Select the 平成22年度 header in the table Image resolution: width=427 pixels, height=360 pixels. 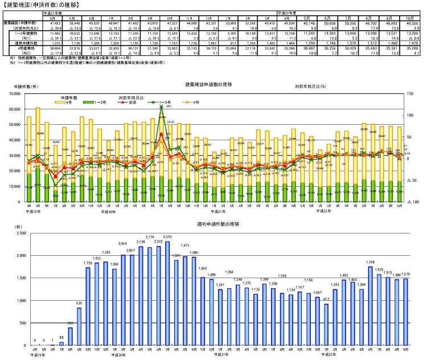point(288,11)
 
